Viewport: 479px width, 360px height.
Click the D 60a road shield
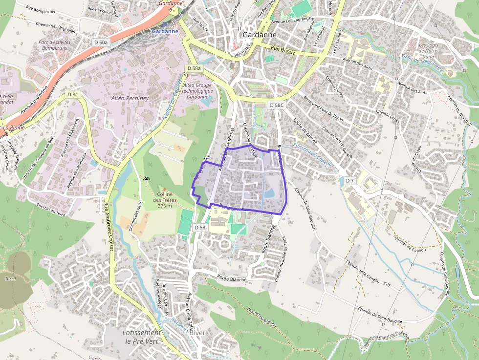100,42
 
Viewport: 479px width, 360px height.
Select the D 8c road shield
73,94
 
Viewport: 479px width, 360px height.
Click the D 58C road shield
276,105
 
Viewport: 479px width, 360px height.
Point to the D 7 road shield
349,181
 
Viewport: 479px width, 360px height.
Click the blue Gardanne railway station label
166,31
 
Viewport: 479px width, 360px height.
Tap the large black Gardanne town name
260,35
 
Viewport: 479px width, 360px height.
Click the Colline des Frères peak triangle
164,189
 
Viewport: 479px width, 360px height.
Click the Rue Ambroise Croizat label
109,227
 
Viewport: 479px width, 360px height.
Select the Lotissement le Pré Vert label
141,337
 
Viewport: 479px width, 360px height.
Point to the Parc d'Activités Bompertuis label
55,45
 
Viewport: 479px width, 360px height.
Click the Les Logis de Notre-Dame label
429,48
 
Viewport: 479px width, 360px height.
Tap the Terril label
10,279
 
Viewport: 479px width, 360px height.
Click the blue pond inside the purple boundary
269,193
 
